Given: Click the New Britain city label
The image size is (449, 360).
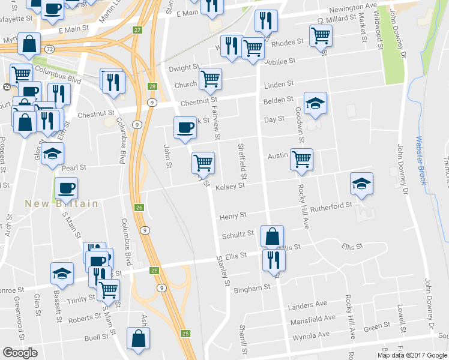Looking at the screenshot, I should click(x=61, y=204).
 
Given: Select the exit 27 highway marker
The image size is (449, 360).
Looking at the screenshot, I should click(x=137, y=31).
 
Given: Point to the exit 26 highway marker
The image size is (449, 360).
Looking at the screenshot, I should click(x=139, y=208).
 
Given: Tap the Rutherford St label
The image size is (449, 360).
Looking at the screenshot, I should click(x=331, y=206).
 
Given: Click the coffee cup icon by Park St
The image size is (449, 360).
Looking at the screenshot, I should click(x=184, y=127).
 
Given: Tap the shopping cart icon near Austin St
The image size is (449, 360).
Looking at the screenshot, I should click(x=301, y=159).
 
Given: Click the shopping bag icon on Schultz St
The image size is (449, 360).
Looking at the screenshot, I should click(x=272, y=236).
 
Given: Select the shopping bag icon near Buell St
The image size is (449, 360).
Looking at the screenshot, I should click(x=139, y=338).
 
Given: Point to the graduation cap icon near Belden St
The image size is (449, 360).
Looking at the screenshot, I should click(x=315, y=103).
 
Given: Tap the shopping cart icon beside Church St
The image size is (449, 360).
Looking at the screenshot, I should click(x=210, y=78).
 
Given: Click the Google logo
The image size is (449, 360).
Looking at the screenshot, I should click(x=20, y=353).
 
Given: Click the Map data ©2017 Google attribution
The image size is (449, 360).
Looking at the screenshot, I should click(x=412, y=355).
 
